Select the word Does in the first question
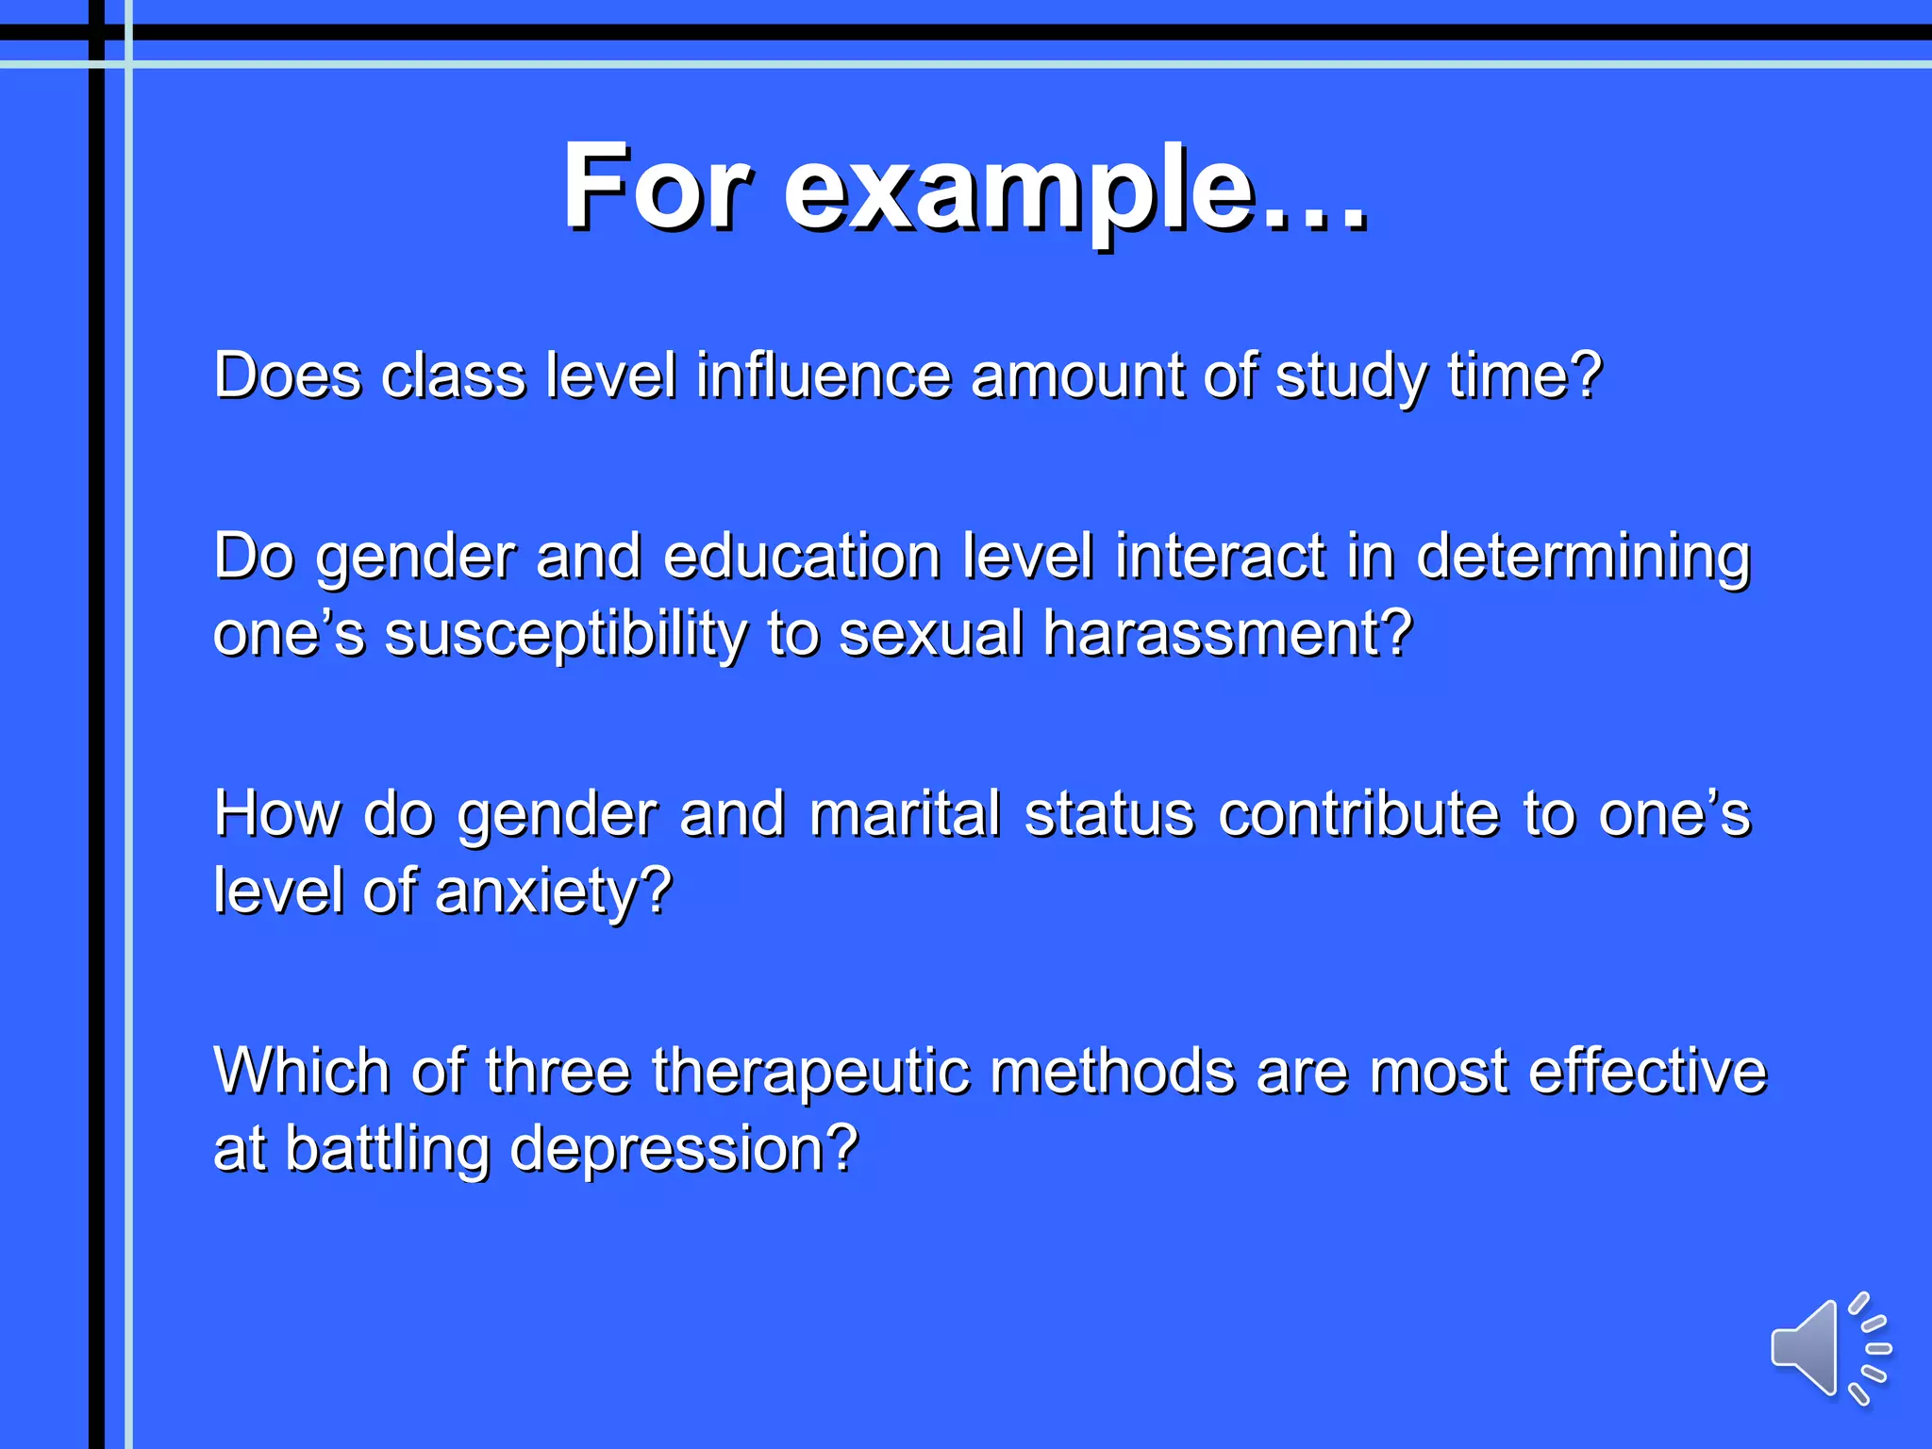click(287, 375)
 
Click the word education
click(802, 556)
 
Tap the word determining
click(1584, 558)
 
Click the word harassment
click(1227, 633)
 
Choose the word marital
click(905, 813)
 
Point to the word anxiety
click(553, 891)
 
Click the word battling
click(387, 1149)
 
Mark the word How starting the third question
click(276, 813)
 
